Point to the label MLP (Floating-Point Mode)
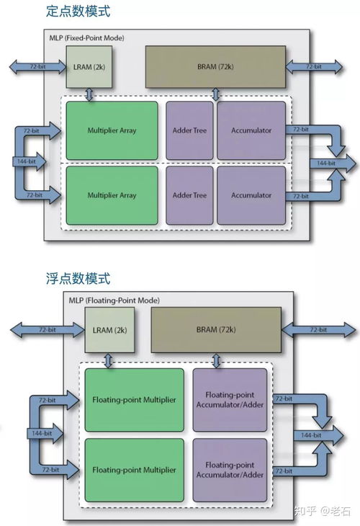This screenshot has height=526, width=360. point(114,300)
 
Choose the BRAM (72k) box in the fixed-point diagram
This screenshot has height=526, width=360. point(215,67)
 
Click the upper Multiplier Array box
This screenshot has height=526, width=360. point(112,130)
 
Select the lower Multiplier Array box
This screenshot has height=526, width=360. point(112,195)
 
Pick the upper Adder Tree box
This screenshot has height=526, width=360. point(190,130)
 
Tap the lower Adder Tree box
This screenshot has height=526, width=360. point(190,195)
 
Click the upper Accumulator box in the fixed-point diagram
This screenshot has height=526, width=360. point(251,130)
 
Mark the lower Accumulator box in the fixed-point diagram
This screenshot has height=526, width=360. point(251,195)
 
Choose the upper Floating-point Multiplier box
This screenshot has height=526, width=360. point(134,399)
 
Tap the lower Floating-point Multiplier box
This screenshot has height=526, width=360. point(134,470)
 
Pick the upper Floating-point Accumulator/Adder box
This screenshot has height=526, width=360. point(229,399)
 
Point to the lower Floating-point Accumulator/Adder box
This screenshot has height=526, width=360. point(229,470)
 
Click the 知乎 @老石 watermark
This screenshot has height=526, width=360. point(323,510)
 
